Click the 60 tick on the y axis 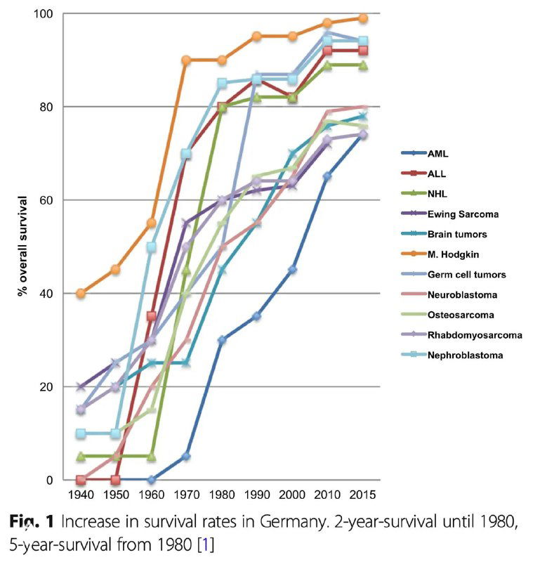(x=50, y=200)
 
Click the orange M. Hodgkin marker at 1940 (x=81, y=293)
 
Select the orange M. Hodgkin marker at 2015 (x=363, y=18)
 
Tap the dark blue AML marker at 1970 (x=187, y=457)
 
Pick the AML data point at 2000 (x=292, y=270)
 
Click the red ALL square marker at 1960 (x=152, y=317)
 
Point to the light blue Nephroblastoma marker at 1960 (x=152, y=247)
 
